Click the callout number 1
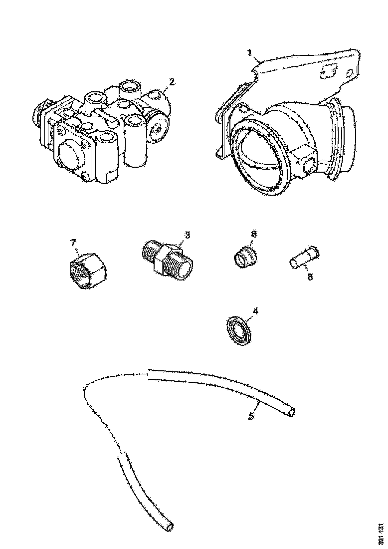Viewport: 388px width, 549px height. point(251,52)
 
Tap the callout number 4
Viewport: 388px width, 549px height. point(255,311)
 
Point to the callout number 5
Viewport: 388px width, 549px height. point(252,416)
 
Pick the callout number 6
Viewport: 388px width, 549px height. point(253,234)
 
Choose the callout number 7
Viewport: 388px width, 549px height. point(73,243)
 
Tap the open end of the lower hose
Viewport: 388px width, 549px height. point(171,526)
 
